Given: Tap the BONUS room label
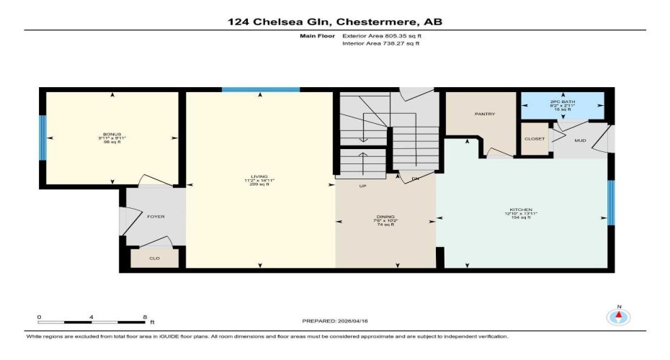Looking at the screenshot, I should [x=112, y=135].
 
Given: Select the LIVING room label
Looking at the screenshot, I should [x=259, y=176].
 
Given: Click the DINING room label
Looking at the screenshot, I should [x=385, y=217].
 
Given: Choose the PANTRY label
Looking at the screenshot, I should [x=483, y=114].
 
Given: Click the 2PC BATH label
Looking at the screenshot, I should [x=563, y=102].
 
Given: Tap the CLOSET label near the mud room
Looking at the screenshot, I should [x=534, y=138].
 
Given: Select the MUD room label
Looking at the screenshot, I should [x=581, y=141].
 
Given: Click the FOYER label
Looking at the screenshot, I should [x=156, y=216].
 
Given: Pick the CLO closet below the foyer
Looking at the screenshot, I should [x=154, y=258].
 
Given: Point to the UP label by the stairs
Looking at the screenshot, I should [x=364, y=186].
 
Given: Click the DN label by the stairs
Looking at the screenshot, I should [x=415, y=179].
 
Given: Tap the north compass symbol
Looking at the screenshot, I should [x=618, y=316].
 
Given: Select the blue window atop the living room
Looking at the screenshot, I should [x=260, y=89].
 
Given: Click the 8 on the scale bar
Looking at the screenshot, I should [x=145, y=317].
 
